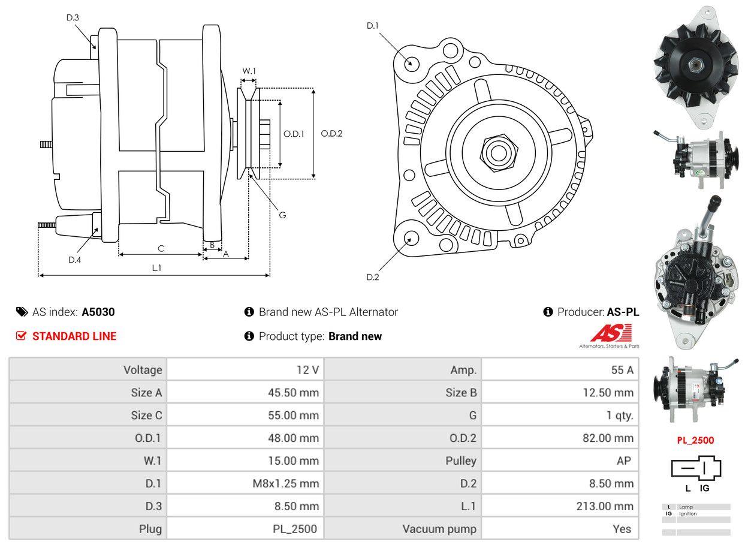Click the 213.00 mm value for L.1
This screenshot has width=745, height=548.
coord(605,506)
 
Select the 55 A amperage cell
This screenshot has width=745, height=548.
coord(622,370)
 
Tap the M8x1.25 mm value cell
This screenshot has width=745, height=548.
coord(286,483)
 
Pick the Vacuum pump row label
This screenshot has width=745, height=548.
coord(439,529)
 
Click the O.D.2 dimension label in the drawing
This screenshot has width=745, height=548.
coord(331,134)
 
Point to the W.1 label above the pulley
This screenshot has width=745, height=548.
coord(249,71)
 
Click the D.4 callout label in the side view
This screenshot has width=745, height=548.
coord(74,260)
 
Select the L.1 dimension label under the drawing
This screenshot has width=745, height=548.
coord(156,267)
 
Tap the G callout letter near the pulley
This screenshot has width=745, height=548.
coord(282,215)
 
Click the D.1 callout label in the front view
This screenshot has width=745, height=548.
coord(373,25)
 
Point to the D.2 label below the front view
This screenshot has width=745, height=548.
coord(373,277)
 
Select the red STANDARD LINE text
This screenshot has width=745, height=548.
coord(74,336)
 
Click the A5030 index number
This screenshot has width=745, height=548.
coord(98,312)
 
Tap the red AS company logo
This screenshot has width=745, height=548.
coord(611,333)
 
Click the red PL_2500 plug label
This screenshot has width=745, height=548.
coord(695,440)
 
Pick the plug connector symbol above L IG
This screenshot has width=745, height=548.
coord(696,468)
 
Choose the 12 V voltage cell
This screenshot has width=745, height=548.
coord(307,370)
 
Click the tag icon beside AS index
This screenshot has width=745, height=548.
coord(22,312)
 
